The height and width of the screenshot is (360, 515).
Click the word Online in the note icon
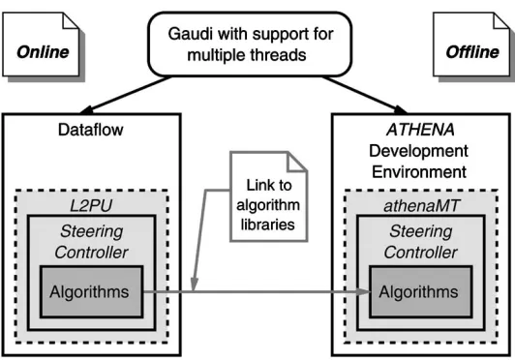[x=43, y=52]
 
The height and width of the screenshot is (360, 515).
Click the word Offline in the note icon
[x=472, y=52]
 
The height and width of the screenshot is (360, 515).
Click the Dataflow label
[x=91, y=130]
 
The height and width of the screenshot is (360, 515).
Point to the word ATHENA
[x=420, y=130]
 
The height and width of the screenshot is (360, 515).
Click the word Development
[x=419, y=151]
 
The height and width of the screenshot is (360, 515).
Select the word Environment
[x=419, y=172]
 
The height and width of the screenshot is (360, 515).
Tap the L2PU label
[x=91, y=206]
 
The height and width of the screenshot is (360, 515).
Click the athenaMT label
[x=421, y=206]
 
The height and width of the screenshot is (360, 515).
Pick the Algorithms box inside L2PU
[x=92, y=291]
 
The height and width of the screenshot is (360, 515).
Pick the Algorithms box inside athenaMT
[x=421, y=291]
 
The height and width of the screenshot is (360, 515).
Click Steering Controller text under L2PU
[x=91, y=242]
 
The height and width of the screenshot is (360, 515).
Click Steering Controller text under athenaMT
[x=421, y=242]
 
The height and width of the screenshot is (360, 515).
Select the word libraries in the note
[x=268, y=225]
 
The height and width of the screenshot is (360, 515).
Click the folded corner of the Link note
[x=296, y=162]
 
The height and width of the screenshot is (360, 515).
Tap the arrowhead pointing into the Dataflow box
[x=87, y=110]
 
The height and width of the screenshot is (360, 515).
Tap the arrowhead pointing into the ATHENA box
[x=400, y=109]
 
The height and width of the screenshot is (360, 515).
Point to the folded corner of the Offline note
[x=501, y=20]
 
